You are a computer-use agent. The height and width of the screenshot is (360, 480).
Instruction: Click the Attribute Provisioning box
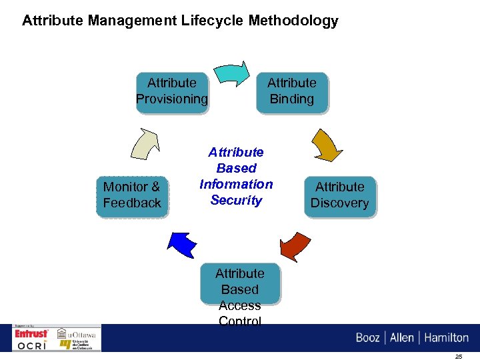coord(172,92)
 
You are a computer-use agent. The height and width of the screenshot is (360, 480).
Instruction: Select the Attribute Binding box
coord(291,92)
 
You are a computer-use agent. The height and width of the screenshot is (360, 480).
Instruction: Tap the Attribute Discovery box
coord(340,195)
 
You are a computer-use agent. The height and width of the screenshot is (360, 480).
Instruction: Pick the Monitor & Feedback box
coord(132,195)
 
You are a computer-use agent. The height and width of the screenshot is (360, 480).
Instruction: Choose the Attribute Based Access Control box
coord(240,293)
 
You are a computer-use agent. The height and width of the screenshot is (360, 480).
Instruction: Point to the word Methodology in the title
coord(293,21)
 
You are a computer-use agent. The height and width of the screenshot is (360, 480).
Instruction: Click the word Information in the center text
coord(236,184)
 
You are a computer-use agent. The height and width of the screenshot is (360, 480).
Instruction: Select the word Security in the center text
coord(236,200)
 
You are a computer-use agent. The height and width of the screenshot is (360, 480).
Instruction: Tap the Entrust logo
coord(32,333)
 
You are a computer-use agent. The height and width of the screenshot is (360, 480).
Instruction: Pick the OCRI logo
coord(32,345)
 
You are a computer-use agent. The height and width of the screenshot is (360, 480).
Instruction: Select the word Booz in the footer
coord(368,337)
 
